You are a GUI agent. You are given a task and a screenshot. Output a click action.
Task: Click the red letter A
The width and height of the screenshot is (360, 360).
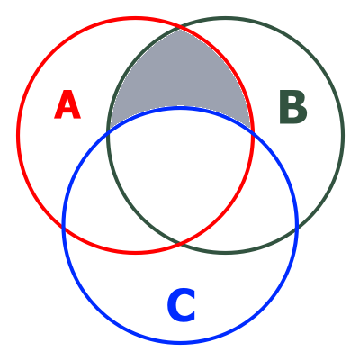[x=67, y=104]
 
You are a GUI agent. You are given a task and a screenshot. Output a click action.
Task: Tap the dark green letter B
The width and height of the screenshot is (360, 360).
[x=293, y=107]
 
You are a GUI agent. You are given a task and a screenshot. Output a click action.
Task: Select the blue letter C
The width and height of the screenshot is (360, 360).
[x=181, y=305]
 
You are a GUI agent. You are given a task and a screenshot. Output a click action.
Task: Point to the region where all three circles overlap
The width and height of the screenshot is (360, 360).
[x=180, y=168]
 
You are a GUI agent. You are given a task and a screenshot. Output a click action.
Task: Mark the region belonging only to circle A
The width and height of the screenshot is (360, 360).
[x=60, y=135]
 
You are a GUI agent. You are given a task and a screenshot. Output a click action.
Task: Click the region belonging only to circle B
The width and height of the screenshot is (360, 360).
[x=300, y=135]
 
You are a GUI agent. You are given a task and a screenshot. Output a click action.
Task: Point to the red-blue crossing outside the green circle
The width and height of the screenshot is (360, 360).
[x=64, y=228]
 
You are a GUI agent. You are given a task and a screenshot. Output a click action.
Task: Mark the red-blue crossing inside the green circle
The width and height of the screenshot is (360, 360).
[x=252, y=131]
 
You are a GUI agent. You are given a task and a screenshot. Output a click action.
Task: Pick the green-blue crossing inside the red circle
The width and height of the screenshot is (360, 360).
[x=109, y=131]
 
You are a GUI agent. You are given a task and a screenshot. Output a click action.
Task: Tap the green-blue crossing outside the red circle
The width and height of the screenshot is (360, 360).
[x=297, y=228]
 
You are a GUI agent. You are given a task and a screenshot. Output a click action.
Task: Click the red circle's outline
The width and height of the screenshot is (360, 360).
[x=18, y=135]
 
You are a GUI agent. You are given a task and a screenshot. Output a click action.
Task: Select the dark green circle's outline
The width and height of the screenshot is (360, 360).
[x=343, y=135]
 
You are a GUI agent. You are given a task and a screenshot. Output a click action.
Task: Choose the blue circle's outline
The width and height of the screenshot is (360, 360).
[x=180, y=341]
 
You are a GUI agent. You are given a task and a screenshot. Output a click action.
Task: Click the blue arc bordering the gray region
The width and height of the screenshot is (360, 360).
[x=180, y=107]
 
